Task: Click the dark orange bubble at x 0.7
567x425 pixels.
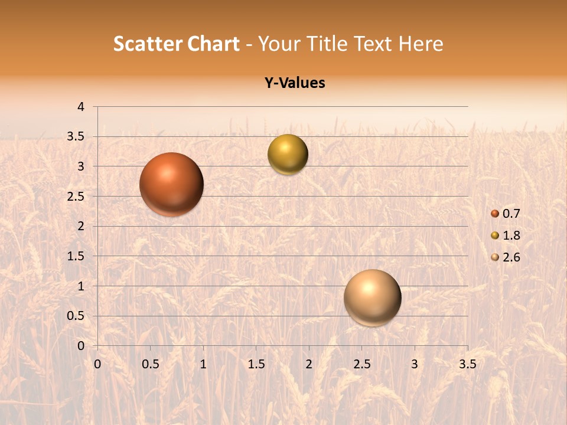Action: (171, 184)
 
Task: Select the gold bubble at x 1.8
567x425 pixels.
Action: (288, 154)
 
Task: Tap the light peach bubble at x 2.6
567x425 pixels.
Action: (372, 297)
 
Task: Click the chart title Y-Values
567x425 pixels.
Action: (295, 83)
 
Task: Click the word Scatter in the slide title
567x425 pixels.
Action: (148, 44)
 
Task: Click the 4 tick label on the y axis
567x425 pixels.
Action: (82, 107)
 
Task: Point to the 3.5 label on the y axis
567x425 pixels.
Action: (76, 136)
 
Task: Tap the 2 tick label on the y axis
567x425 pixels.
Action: (82, 226)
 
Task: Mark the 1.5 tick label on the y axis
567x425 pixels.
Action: (76, 256)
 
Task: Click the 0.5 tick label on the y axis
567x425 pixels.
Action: (76, 316)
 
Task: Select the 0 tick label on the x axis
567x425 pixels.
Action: (97, 364)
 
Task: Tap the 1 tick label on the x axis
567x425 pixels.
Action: (203, 364)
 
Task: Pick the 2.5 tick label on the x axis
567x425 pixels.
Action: (361, 364)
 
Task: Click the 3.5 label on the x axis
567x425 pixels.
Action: (467, 364)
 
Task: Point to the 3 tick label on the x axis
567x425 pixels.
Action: (415, 364)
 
